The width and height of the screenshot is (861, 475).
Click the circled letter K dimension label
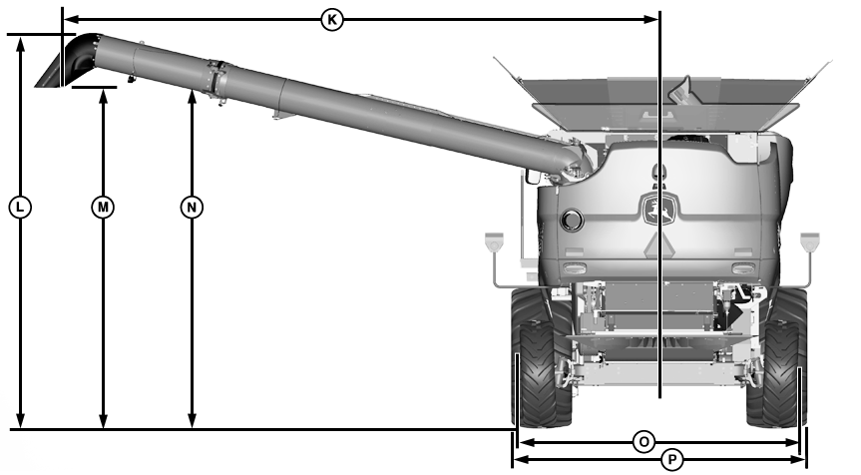[x=331, y=20]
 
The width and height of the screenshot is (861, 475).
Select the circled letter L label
[x=20, y=207]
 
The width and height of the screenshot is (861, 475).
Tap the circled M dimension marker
[x=103, y=207]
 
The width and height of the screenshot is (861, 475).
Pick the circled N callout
[x=192, y=207]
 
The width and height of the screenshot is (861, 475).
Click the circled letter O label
[x=644, y=441]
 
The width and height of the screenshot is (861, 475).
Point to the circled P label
[x=671, y=459]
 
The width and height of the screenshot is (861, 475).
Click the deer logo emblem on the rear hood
[x=660, y=210]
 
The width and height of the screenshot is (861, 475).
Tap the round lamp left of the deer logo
[x=572, y=220]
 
